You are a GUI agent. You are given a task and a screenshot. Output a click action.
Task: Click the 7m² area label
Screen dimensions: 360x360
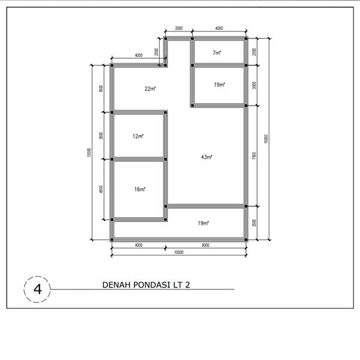(x=217, y=53)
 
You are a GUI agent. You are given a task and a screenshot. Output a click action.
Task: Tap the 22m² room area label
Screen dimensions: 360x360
(x=150, y=89)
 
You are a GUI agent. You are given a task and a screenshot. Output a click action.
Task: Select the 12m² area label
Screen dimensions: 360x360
(x=138, y=136)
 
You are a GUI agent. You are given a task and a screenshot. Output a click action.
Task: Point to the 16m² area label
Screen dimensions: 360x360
(x=140, y=189)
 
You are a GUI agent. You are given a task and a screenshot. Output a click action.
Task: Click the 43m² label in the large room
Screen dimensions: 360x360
(x=206, y=157)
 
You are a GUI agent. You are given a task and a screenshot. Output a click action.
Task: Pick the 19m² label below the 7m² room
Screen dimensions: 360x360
(x=219, y=85)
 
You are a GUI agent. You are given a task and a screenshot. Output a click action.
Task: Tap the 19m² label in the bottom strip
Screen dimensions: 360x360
(x=203, y=223)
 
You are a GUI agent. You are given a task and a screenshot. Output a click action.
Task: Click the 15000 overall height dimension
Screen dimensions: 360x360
(x=266, y=139)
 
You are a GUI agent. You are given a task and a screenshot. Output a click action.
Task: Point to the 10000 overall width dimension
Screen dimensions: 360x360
(x=178, y=253)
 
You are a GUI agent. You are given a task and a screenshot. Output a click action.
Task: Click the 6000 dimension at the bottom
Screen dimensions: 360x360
(x=205, y=245)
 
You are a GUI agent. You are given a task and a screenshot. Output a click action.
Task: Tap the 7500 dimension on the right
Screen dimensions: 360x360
(x=255, y=157)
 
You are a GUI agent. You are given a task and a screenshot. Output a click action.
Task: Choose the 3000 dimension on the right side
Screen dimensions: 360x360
(x=255, y=86)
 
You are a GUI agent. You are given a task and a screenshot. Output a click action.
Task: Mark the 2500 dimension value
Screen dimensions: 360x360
(x=255, y=223)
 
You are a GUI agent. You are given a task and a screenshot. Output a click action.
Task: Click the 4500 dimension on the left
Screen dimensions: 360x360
(x=102, y=189)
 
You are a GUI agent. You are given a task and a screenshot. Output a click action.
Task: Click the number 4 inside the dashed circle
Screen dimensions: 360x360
(x=38, y=289)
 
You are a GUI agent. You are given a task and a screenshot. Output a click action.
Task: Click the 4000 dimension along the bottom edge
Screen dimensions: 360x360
(x=139, y=245)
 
